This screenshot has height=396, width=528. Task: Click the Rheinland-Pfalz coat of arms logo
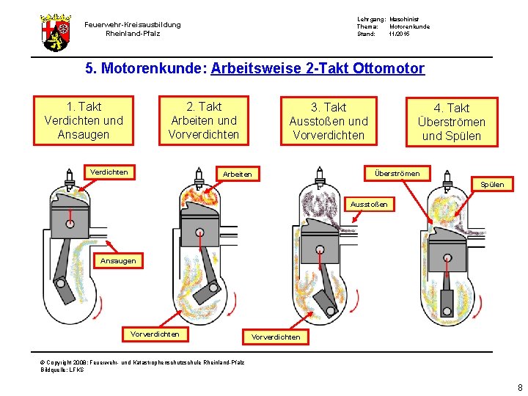point(56,32)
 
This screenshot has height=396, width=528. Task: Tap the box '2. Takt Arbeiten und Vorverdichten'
point(203,120)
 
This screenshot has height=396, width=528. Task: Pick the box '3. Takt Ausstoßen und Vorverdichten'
point(328,121)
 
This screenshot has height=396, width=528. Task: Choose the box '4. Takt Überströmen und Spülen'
point(451,122)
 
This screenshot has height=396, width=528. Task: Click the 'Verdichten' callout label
point(109,172)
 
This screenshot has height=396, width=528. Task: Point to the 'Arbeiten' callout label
point(237,174)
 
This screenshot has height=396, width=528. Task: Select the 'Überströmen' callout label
point(397,173)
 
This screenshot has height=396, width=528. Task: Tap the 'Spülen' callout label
point(491,184)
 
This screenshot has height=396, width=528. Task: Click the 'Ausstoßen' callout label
point(369,204)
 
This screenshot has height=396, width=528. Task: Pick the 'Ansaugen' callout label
point(117,260)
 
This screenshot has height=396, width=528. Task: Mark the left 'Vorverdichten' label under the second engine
point(155,334)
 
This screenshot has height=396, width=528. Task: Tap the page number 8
point(519,388)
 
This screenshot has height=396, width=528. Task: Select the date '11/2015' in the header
point(400,34)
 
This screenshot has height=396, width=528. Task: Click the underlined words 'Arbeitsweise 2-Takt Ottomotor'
point(318,69)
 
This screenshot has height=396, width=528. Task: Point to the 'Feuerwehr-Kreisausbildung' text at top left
point(133,25)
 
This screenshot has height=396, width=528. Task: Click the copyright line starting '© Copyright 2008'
point(143,362)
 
